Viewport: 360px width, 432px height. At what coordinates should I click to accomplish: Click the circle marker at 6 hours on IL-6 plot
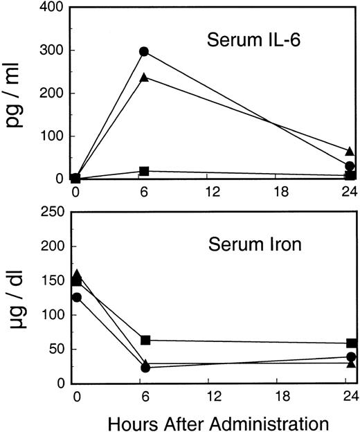pyautogui.click(x=144, y=51)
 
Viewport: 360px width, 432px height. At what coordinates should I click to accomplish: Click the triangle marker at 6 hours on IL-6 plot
pyautogui.click(x=144, y=78)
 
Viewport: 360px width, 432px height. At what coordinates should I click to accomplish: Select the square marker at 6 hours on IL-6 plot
pyautogui.click(x=144, y=171)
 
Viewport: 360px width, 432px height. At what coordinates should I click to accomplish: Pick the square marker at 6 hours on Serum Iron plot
pyautogui.click(x=145, y=340)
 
